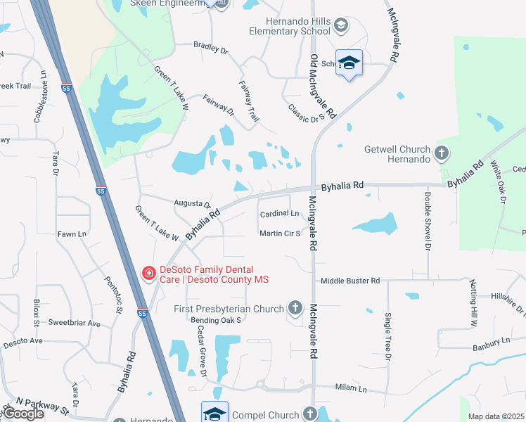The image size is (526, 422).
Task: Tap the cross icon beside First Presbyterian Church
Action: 295,308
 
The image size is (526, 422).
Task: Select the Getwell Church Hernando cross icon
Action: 441,153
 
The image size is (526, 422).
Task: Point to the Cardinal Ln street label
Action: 279,213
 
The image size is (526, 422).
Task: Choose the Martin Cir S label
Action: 280,233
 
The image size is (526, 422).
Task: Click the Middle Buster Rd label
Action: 349,281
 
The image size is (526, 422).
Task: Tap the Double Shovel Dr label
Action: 427,222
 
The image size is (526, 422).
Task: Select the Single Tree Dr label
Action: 387,336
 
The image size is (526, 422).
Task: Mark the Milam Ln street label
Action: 352,388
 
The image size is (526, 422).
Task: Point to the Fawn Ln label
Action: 72,234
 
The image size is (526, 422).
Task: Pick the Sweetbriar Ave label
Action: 75,324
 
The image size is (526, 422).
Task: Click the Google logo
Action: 23,414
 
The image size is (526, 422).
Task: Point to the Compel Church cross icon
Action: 310,414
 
